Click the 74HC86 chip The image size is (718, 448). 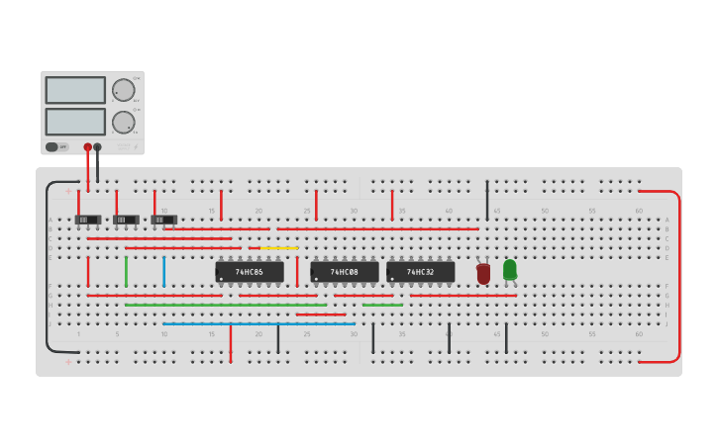tap(250, 272)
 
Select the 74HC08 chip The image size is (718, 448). tap(345, 272)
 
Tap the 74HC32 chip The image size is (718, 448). tap(421, 272)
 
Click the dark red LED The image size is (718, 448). tap(483, 274)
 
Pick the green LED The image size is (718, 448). tap(510, 269)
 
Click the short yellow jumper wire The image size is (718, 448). tap(278, 248)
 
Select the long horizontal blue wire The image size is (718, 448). tap(257, 323)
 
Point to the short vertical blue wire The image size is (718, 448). tap(164, 271)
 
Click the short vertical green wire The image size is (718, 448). tap(126, 271)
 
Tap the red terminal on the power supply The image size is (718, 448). tap(87, 147)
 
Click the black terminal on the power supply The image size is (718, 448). tap(97, 147)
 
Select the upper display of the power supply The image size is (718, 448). tap(75, 90)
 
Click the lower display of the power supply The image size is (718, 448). tap(75, 122)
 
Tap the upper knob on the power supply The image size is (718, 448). tap(123, 90)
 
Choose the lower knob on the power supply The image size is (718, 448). tap(123, 122)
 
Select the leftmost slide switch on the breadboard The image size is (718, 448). tap(88, 220)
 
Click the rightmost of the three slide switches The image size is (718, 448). tap(163, 220)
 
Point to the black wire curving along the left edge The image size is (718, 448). tap(46, 267)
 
